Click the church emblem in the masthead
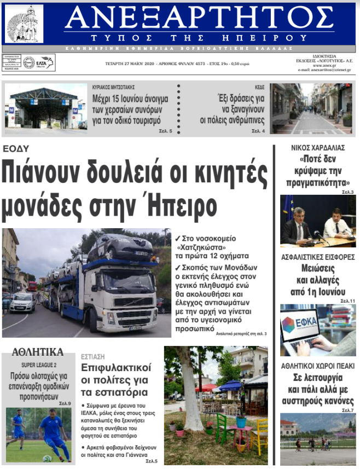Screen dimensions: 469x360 [24, 24]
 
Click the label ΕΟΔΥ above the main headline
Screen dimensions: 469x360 [15, 148]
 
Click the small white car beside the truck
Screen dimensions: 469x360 [22, 302]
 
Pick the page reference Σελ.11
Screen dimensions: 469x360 [348, 301]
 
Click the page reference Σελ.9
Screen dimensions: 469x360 [65, 403]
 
